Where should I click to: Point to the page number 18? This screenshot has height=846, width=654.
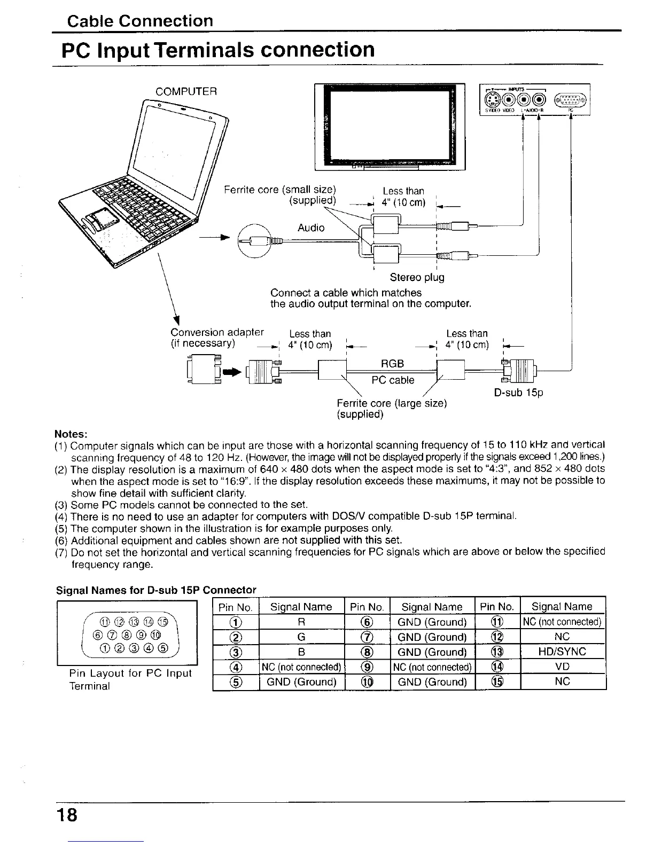(x=67, y=816)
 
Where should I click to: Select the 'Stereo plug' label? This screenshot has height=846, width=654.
(x=417, y=277)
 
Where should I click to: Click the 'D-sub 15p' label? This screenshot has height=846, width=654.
(x=517, y=393)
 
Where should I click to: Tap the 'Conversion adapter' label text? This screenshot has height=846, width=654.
(x=217, y=334)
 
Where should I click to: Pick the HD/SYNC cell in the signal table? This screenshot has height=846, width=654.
(x=563, y=652)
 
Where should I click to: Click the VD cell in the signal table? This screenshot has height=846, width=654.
(x=563, y=667)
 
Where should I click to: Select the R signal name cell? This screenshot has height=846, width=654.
(x=301, y=622)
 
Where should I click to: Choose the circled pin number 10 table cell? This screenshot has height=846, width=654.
(x=368, y=682)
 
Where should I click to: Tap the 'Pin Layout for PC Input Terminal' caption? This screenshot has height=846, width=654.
(x=130, y=679)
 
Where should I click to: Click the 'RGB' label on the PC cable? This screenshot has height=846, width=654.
(x=392, y=364)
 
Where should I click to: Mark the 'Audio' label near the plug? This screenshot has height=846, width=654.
(x=311, y=228)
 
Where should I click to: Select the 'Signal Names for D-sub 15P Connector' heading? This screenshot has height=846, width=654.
(x=157, y=590)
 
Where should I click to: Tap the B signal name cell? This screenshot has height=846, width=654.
(x=301, y=652)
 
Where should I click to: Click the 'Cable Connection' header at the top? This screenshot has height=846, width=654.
(x=140, y=21)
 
